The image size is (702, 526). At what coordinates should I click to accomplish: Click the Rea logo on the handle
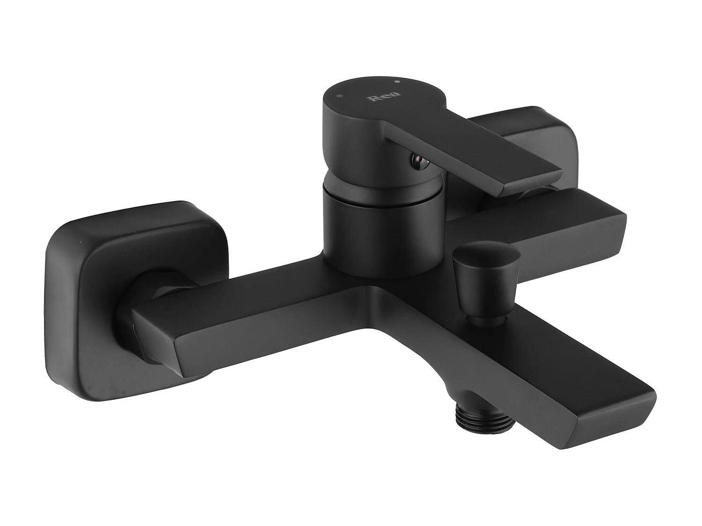click(378, 99)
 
